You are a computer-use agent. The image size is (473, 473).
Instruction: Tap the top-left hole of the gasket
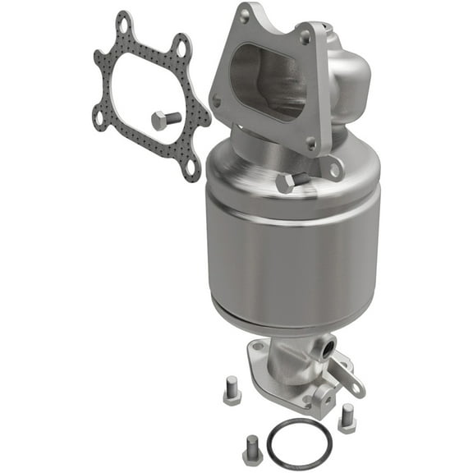pos(124,27)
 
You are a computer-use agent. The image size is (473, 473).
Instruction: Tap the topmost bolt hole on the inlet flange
pos(243,14)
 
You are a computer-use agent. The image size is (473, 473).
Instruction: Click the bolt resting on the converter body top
pos(287,182)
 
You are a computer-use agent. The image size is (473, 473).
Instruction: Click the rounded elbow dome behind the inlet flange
pos(353,70)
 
